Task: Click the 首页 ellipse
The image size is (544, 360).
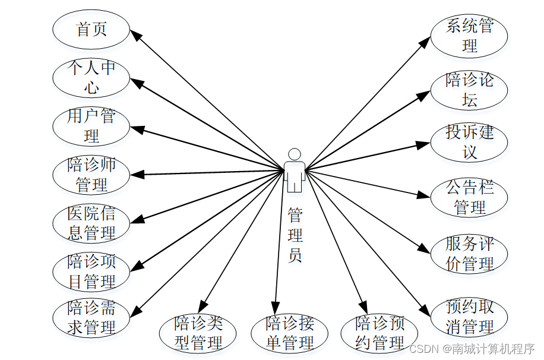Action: (91, 29)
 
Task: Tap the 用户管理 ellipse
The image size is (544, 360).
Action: (91, 126)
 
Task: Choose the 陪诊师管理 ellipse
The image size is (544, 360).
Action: (91, 174)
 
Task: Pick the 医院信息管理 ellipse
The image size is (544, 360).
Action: (91, 223)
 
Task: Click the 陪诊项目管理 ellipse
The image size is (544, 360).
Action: (91, 271)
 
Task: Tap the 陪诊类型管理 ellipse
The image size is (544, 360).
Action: (198, 333)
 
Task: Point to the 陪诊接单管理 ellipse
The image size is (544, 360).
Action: (289, 333)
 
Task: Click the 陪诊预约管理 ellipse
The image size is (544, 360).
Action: (379, 333)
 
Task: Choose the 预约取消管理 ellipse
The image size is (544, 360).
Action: (469, 317)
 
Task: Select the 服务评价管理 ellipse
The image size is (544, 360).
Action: (469, 254)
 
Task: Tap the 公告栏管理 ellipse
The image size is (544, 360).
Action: (469, 198)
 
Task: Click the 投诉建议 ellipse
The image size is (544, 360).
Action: (469, 143)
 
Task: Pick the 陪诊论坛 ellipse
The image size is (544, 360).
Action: (469, 90)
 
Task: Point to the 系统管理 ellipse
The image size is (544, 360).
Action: (469, 36)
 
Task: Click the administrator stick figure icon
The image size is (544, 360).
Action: (295, 170)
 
